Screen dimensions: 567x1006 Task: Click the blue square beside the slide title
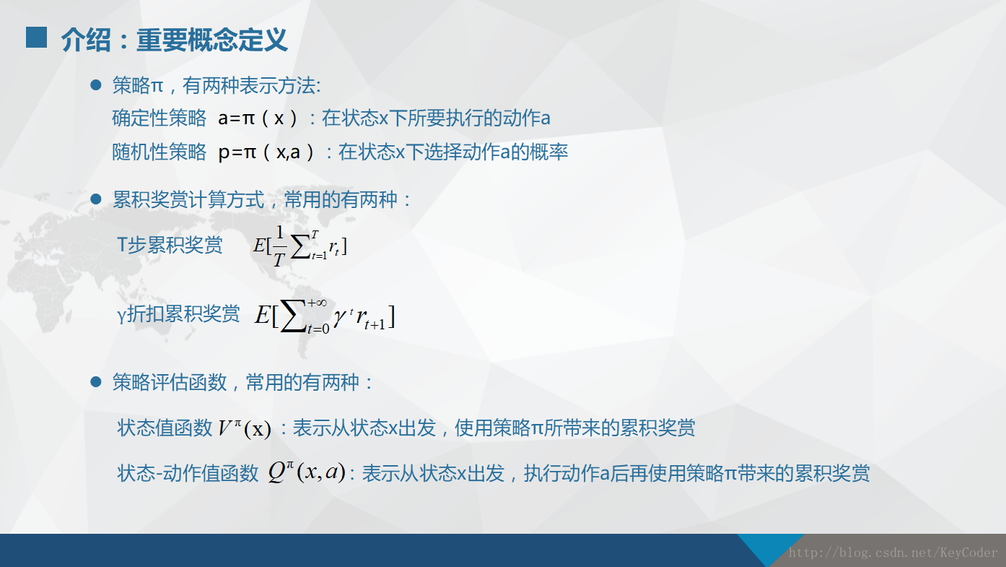click(36, 38)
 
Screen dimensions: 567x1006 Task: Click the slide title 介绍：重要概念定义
click(175, 40)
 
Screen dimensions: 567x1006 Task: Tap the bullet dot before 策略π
click(96, 86)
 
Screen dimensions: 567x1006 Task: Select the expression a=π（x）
click(258, 118)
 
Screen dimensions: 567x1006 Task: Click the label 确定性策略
click(159, 118)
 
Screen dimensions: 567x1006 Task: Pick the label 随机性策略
click(159, 152)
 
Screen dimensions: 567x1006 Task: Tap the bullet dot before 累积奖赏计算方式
click(96, 199)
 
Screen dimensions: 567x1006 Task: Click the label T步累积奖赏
click(170, 245)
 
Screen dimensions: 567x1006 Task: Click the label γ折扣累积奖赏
click(178, 314)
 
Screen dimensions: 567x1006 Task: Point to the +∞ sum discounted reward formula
click(325, 316)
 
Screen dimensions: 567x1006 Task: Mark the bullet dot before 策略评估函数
click(96, 382)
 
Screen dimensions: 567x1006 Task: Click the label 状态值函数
click(165, 428)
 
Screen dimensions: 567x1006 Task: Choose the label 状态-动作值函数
click(188, 473)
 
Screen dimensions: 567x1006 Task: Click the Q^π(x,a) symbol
click(306, 472)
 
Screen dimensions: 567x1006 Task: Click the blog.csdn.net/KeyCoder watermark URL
click(893, 553)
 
